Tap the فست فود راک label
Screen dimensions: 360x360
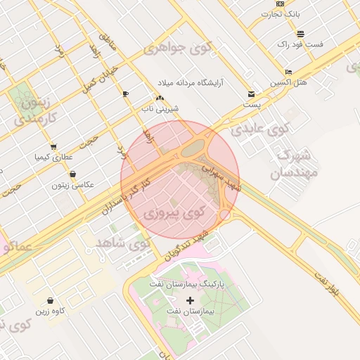click(300, 44)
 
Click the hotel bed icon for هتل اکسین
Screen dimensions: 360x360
click(289, 72)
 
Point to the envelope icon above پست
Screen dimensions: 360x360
click(252, 94)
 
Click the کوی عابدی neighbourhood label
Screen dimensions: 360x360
click(260, 129)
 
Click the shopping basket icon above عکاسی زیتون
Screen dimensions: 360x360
click(73, 174)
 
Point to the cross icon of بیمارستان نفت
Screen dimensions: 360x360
click(190, 300)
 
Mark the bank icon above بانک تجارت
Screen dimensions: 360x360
click(281, 4)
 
